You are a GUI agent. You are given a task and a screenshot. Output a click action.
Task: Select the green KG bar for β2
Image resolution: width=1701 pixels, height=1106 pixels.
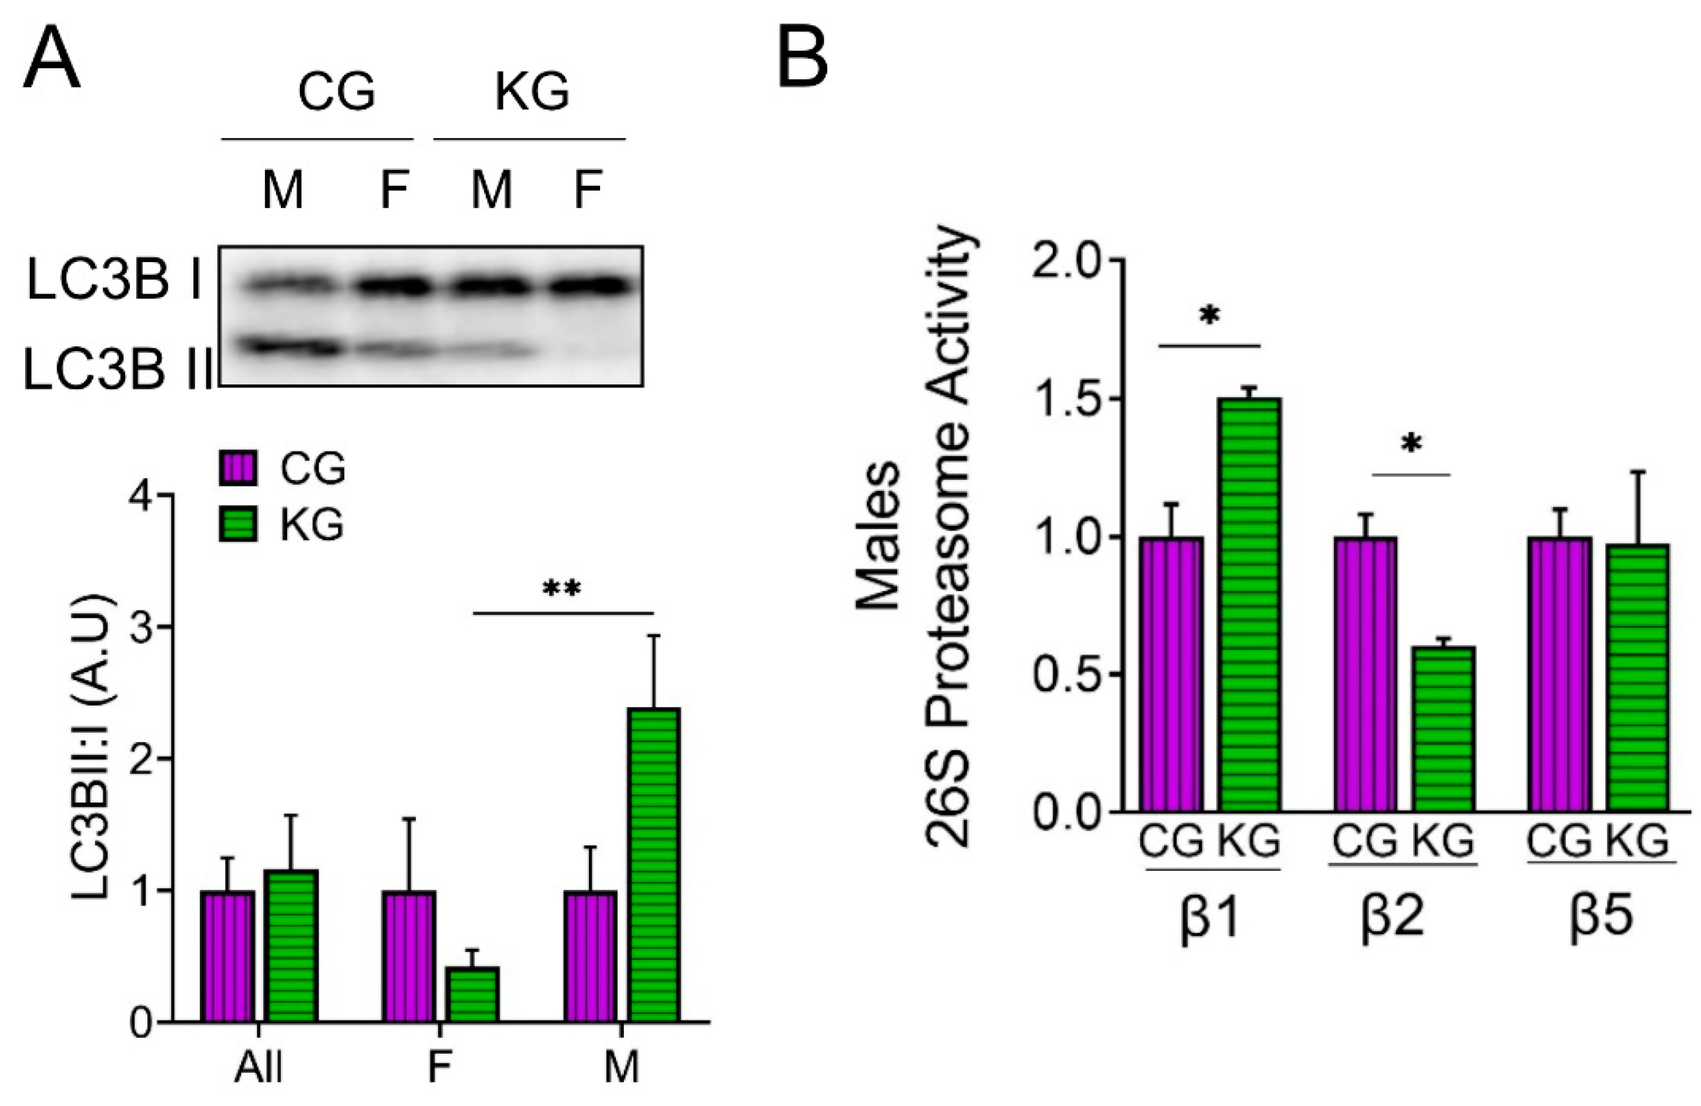point(1443,729)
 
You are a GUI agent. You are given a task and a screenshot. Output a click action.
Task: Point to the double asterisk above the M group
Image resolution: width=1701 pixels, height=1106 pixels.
point(563,590)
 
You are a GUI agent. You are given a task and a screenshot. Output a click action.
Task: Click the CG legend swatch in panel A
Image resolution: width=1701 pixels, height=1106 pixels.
point(238,469)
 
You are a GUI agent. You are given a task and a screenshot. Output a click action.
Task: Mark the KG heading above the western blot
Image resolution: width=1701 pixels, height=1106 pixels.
point(532,92)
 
